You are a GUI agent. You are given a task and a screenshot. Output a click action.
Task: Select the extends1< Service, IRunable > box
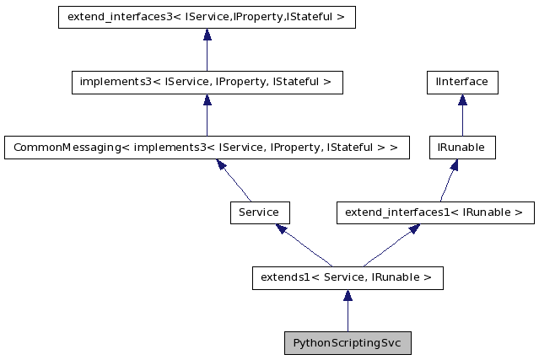coord(347,277)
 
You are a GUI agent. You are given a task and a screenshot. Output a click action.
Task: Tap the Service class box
coord(259,212)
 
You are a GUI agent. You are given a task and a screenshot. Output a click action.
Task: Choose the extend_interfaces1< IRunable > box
coord(435,212)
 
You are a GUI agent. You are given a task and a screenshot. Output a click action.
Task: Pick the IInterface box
coord(461,83)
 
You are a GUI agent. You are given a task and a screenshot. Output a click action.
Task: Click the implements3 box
coord(207,83)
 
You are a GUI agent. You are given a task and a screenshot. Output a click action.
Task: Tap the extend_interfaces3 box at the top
coord(207,17)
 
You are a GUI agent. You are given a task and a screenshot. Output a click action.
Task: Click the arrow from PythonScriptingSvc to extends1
coord(347,310)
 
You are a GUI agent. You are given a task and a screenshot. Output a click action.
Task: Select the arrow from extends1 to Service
coord(305,245)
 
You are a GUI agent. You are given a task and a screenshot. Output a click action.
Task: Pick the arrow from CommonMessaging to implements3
coord(207,115)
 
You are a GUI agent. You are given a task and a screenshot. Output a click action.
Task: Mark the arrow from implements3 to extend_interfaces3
coord(207,50)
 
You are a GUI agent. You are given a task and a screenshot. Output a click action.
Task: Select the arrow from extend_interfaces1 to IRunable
coord(448,180)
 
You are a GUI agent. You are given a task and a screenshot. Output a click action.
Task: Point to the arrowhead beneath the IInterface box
coord(461,99)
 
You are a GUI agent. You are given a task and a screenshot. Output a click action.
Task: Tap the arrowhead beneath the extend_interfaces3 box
coord(207,35)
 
